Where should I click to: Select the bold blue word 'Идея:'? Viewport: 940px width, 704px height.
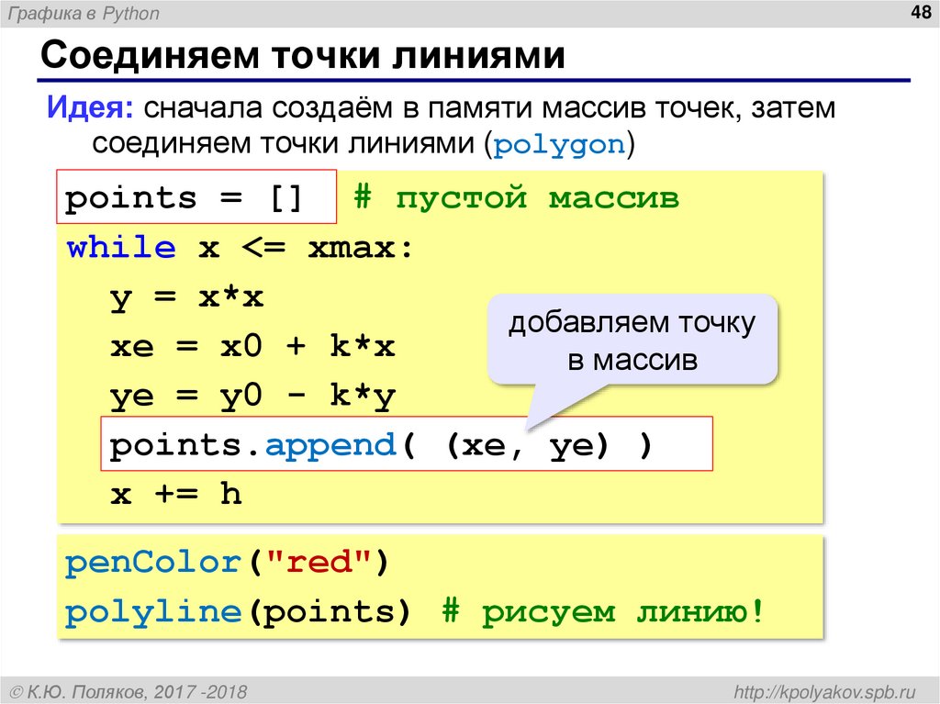(90, 108)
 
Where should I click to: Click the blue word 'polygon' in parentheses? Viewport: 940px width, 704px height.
(560, 145)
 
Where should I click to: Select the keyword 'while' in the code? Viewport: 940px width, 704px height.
(121, 248)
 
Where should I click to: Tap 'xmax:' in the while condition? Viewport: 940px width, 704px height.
(360, 248)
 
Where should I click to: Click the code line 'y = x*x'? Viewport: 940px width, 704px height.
(186, 297)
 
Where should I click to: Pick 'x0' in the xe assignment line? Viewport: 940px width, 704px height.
(241, 347)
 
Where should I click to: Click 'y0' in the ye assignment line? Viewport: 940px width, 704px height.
(241, 397)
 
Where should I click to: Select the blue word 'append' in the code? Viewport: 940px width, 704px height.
(329, 446)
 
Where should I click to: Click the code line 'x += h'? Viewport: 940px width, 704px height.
(175, 496)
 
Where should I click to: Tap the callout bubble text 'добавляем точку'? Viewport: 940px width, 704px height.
(632, 323)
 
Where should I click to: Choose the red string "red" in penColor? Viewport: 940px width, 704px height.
(316, 563)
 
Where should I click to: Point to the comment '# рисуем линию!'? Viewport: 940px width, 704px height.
(602, 612)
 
